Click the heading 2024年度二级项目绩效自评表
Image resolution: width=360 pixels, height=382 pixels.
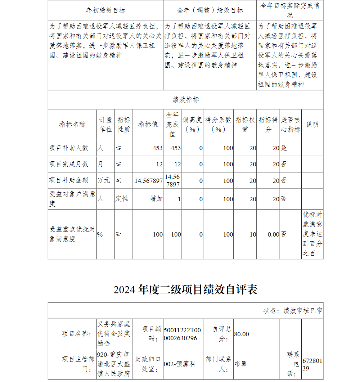185,290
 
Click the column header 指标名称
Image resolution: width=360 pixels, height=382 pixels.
72,125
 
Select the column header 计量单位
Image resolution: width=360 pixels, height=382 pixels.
105,125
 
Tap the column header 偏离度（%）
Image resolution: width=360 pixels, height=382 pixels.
192,125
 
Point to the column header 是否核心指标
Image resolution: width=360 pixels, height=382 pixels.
291,125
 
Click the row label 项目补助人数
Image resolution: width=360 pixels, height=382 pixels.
69,148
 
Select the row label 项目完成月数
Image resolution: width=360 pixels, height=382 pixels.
69,164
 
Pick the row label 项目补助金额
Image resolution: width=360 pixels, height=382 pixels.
69,180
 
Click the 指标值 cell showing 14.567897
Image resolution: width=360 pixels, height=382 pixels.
148,181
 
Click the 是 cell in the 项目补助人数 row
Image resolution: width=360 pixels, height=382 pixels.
284,148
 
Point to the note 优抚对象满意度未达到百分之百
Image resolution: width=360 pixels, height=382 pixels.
312,234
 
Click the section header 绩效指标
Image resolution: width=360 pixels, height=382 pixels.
185,100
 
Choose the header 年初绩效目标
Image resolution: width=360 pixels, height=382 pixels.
105,10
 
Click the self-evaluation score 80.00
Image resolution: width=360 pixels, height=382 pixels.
242,334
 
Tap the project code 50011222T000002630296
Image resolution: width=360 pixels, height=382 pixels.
182,334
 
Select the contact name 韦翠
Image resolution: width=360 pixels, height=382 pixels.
241,364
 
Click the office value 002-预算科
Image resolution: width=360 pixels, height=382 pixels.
180,364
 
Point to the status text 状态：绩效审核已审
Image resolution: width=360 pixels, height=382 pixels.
293,311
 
